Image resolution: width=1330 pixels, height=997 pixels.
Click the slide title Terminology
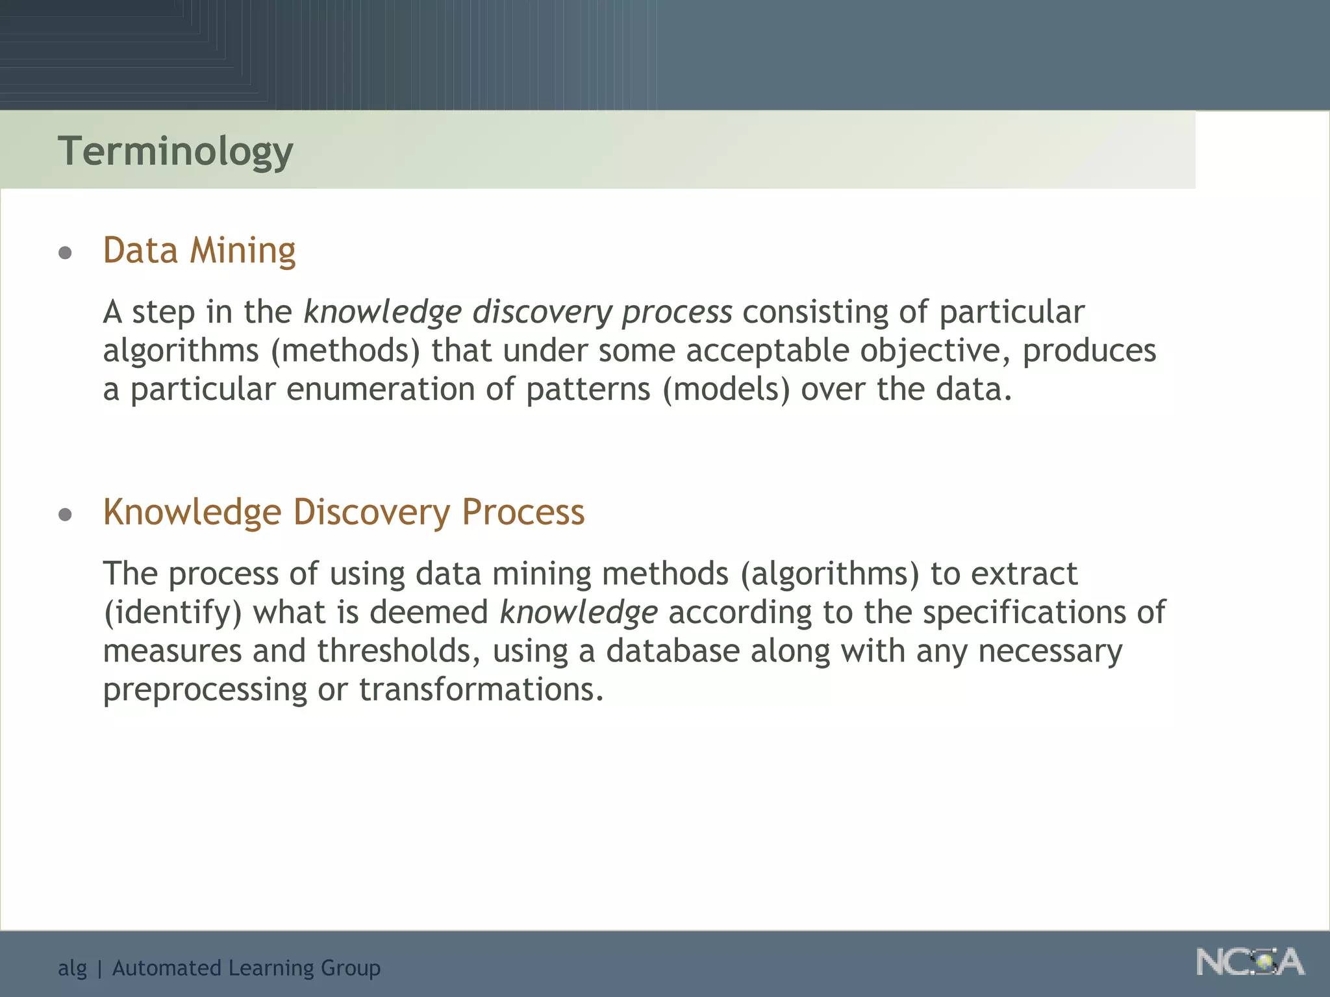175,151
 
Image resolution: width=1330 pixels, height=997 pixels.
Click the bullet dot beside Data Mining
65,252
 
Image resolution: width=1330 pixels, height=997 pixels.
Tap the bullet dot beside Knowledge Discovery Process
65,515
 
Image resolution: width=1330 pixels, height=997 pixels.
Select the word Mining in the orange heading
242,251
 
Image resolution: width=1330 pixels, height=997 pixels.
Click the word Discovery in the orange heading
371,512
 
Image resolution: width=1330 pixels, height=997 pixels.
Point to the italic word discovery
542,312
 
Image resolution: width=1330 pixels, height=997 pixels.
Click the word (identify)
173,613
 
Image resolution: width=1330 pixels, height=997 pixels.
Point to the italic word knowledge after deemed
579,613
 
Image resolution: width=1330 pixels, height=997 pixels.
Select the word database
673,651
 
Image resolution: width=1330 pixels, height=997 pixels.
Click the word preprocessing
205,690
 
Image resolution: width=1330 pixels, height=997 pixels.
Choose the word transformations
481,689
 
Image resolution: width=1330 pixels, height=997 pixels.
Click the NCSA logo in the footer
1249,962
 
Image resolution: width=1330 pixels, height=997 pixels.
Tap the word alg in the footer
72,968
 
